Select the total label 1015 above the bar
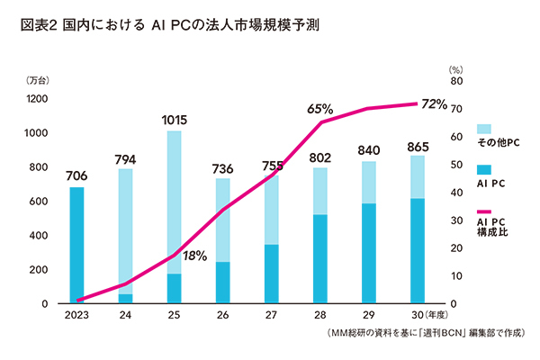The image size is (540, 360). [x=175, y=119]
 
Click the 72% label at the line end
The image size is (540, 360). [x=432, y=104]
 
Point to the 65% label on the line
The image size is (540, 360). [x=320, y=109]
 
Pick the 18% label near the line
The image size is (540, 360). [x=195, y=256]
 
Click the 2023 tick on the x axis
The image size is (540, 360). [x=77, y=316]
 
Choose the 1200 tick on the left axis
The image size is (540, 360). [x=38, y=99]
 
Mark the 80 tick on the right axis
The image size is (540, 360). [x=456, y=82]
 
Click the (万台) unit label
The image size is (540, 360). [x=39, y=82]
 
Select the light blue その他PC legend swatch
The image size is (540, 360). [x=482, y=129]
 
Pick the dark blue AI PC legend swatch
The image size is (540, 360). [x=482, y=168]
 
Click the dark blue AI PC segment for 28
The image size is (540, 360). [x=319, y=259]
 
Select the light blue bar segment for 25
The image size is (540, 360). [x=175, y=202]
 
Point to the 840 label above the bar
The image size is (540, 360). [x=369, y=149]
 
